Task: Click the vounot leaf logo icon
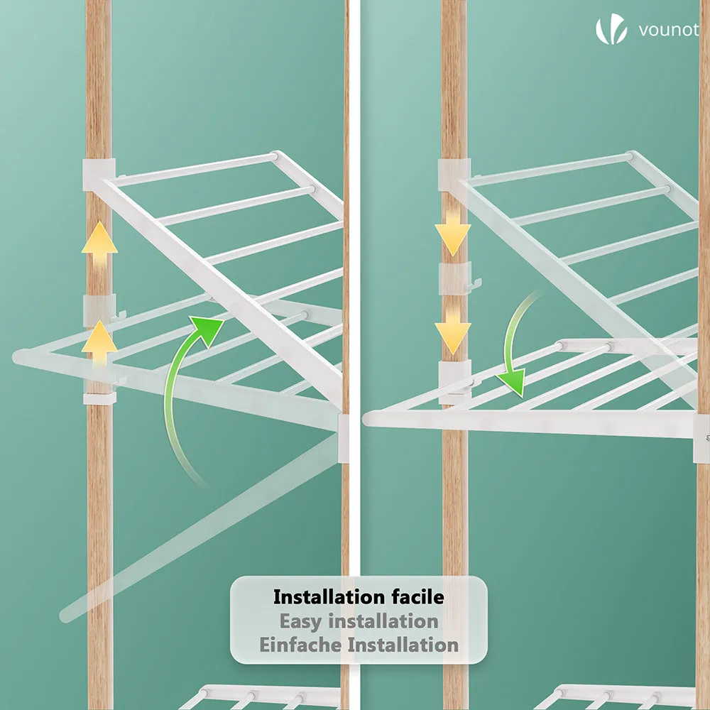click(611, 29)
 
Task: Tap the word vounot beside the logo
click(668, 30)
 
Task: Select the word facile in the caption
click(418, 597)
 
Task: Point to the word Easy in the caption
click(302, 621)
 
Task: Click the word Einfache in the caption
click(300, 645)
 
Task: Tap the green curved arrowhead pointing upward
click(207, 329)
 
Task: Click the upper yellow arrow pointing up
click(99, 246)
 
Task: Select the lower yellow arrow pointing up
click(99, 345)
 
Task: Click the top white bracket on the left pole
click(99, 175)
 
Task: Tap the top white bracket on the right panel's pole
click(454, 175)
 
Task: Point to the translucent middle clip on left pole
click(99, 311)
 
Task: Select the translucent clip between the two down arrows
click(455, 277)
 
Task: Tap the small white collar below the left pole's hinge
click(99, 398)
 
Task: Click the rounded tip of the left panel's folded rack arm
click(19, 357)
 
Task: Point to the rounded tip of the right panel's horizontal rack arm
click(368, 418)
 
